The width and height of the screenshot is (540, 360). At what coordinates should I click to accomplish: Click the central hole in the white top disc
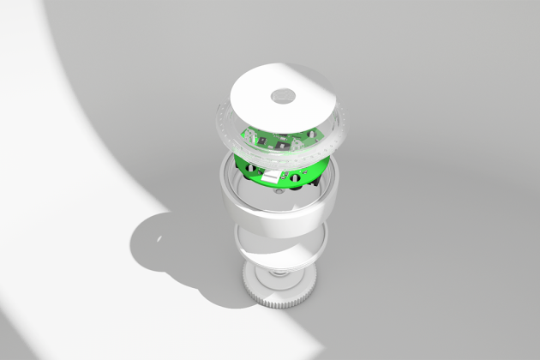284,95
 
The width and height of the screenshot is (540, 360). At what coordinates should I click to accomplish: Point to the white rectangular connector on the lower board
273,177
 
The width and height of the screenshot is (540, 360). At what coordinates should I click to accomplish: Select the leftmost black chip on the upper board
252,136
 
